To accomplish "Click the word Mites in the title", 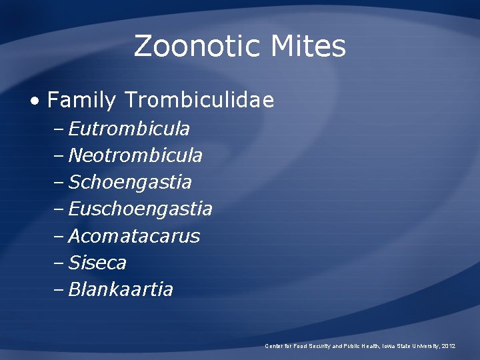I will (x=308, y=47).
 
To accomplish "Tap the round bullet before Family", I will (x=35, y=101).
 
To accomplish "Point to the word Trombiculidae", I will (x=199, y=101).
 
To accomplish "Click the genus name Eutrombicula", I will (x=129, y=128).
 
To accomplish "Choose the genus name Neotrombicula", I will (x=135, y=155).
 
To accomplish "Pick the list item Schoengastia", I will (x=130, y=182).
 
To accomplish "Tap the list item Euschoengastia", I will (x=141, y=209).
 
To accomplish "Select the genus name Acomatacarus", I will (x=134, y=236).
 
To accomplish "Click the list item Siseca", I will (x=97, y=263).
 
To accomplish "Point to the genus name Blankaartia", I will (x=121, y=289).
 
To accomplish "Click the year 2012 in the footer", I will (x=449, y=346).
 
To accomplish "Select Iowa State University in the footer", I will (x=410, y=346).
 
